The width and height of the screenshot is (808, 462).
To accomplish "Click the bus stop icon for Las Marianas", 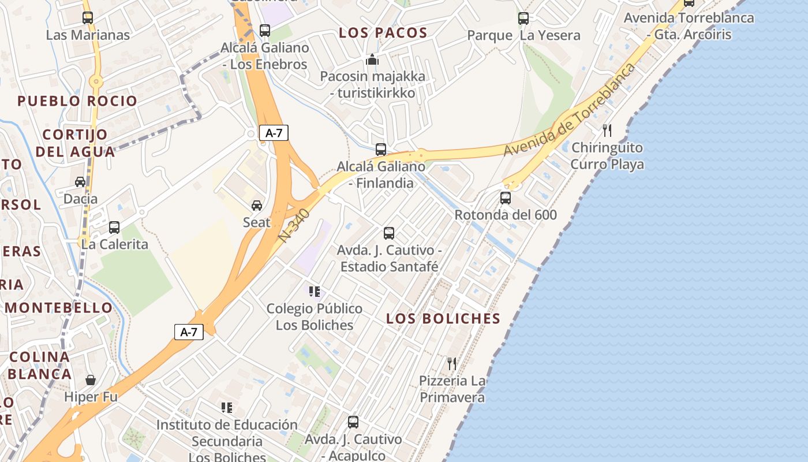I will [88, 17].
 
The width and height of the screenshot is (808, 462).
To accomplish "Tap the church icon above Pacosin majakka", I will [372, 59].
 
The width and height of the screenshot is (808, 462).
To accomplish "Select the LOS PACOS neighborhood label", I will [383, 33].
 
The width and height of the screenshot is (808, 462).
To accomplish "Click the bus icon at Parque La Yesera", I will [523, 18].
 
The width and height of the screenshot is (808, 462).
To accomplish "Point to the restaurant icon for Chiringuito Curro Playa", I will [607, 131].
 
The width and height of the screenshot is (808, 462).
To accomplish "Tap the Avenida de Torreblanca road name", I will [570, 110].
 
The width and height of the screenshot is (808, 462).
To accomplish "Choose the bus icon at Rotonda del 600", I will [506, 198].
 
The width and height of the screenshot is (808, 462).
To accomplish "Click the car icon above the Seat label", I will [257, 206].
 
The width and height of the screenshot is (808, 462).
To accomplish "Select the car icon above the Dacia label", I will [80, 182].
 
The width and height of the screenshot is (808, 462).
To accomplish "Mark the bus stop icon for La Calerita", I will [114, 227].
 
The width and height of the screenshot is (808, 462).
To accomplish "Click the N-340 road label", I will [294, 225].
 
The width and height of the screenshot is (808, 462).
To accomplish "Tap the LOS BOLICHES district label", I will [443, 318].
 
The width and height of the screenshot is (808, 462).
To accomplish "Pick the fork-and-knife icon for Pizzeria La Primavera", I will [452, 364].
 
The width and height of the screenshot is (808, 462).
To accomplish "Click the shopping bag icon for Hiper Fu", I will [91, 380].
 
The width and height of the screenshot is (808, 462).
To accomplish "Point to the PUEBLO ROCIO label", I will [77, 101].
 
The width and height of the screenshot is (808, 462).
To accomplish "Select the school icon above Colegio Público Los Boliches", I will [315, 291].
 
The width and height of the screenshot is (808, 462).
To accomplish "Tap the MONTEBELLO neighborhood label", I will [59, 307].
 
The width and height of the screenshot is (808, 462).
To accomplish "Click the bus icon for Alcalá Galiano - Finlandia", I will [381, 150].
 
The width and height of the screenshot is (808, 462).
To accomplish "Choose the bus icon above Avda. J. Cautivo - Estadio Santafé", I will [389, 233].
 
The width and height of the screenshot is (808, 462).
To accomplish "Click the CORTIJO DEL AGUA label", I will [75, 143].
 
